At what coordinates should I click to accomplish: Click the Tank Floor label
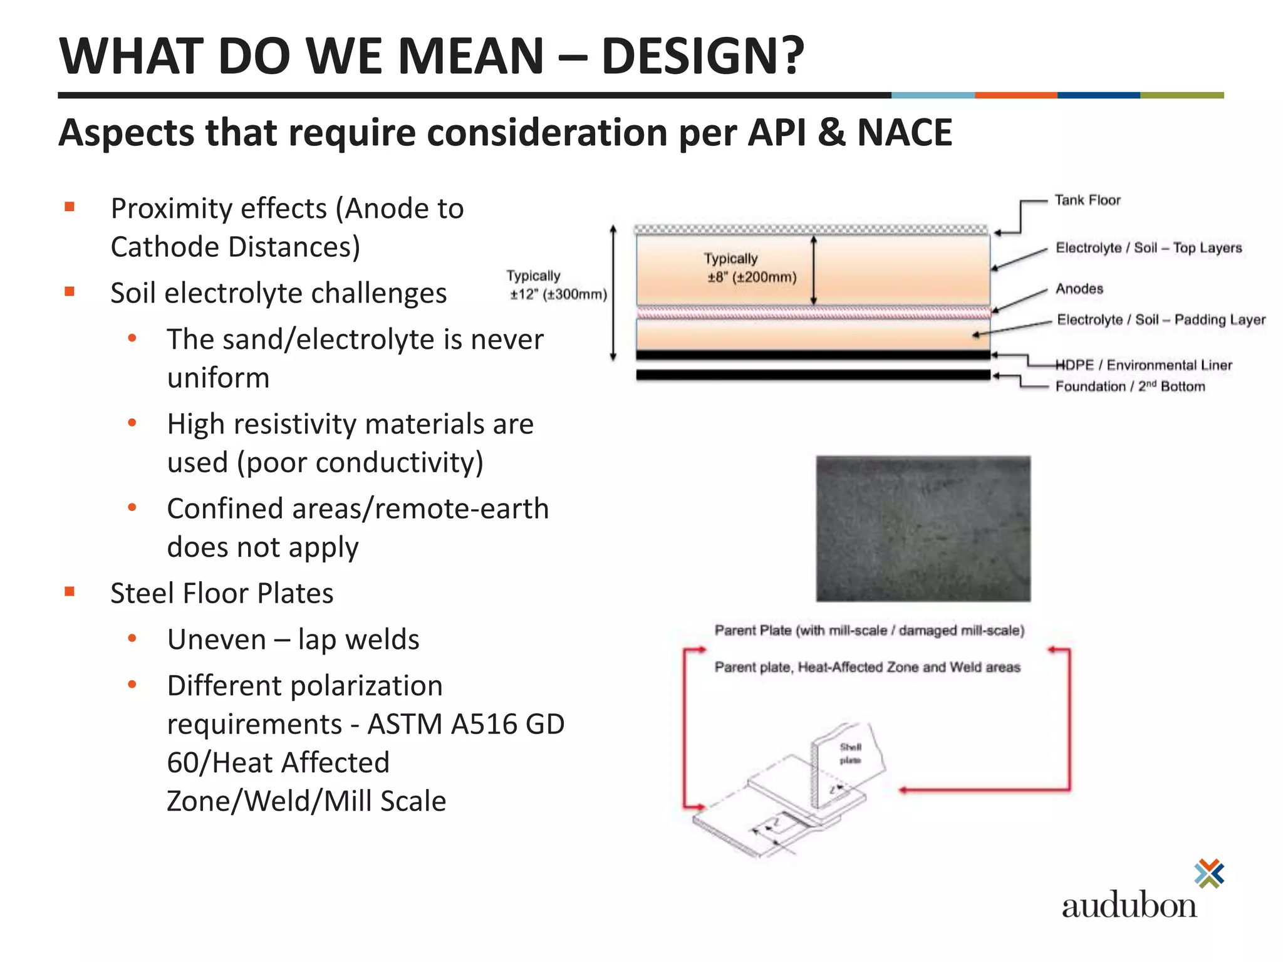click(1087, 200)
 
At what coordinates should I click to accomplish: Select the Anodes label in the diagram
click(1079, 289)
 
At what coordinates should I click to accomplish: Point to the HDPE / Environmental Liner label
click(1144, 365)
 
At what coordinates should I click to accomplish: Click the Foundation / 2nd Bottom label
click(1130, 386)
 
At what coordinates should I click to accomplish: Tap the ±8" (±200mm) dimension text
click(752, 277)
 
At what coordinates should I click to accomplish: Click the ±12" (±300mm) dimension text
click(558, 294)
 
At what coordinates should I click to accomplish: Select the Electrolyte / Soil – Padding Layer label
click(1161, 320)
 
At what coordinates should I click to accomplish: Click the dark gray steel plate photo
click(923, 529)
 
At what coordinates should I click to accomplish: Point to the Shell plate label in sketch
click(850, 753)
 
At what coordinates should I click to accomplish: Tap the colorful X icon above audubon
click(1209, 874)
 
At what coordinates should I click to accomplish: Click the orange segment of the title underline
click(1015, 95)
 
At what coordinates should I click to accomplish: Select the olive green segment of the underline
click(1182, 95)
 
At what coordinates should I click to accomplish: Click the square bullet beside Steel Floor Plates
click(70, 591)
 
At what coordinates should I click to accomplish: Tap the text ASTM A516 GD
click(465, 725)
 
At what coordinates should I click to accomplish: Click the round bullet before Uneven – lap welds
click(132, 638)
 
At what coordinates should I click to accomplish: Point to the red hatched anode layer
click(813, 312)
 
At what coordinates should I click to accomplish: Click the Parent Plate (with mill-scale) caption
click(869, 631)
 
